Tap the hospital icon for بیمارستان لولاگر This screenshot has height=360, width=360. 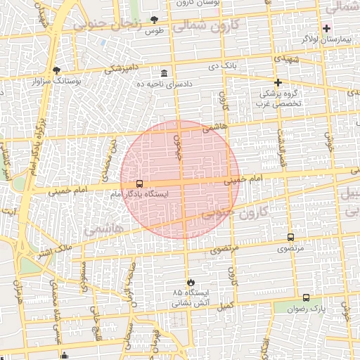pos(326,27)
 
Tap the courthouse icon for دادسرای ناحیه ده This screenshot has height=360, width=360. pos(164,73)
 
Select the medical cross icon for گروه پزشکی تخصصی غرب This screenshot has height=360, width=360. pos(278,82)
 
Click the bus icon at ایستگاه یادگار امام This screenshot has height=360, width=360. pos(139,183)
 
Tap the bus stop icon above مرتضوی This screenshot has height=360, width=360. pos(290,237)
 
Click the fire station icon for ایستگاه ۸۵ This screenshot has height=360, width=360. pos(189,281)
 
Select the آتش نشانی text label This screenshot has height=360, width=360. pos(189,304)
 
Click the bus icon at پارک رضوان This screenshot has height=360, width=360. pos(306,297)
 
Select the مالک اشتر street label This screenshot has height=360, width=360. pos(55,250)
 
